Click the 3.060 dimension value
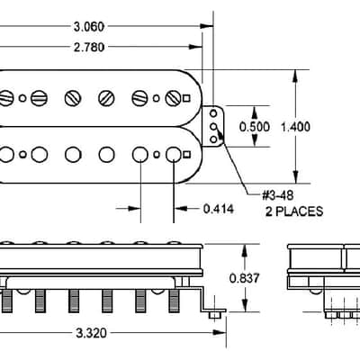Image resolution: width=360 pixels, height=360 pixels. (89, 27)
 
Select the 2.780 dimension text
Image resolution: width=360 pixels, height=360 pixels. (89, 47)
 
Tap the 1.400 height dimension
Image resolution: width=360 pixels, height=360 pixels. (295, 127)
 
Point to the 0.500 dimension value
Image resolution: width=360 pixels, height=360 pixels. (255, 127)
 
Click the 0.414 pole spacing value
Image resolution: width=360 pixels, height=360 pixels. (219, 209)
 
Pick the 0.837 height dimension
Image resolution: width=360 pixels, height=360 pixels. (244, 278)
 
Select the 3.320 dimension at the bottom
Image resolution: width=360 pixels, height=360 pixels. (91, 333)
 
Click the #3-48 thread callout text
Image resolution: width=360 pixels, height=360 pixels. (278, 196)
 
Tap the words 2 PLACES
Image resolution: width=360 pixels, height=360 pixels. (294, 211)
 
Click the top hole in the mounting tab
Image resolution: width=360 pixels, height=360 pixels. (213, 113)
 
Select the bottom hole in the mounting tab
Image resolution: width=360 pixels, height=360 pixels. (213, 139)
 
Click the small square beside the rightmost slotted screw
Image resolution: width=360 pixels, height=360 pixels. (186, 98)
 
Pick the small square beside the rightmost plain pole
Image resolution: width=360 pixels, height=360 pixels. (186, 155)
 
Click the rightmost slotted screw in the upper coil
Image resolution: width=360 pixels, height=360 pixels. (174, 98)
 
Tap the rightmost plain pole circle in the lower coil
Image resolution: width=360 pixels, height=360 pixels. (174, 155)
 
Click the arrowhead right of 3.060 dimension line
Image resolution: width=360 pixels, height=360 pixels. (207, 26)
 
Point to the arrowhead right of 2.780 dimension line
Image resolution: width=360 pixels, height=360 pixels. (196, 47)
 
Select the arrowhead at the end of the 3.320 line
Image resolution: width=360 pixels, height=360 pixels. (220, 333)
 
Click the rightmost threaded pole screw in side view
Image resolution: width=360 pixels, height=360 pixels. (174, 301)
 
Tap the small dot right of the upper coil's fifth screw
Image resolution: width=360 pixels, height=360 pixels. (156, 98)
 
